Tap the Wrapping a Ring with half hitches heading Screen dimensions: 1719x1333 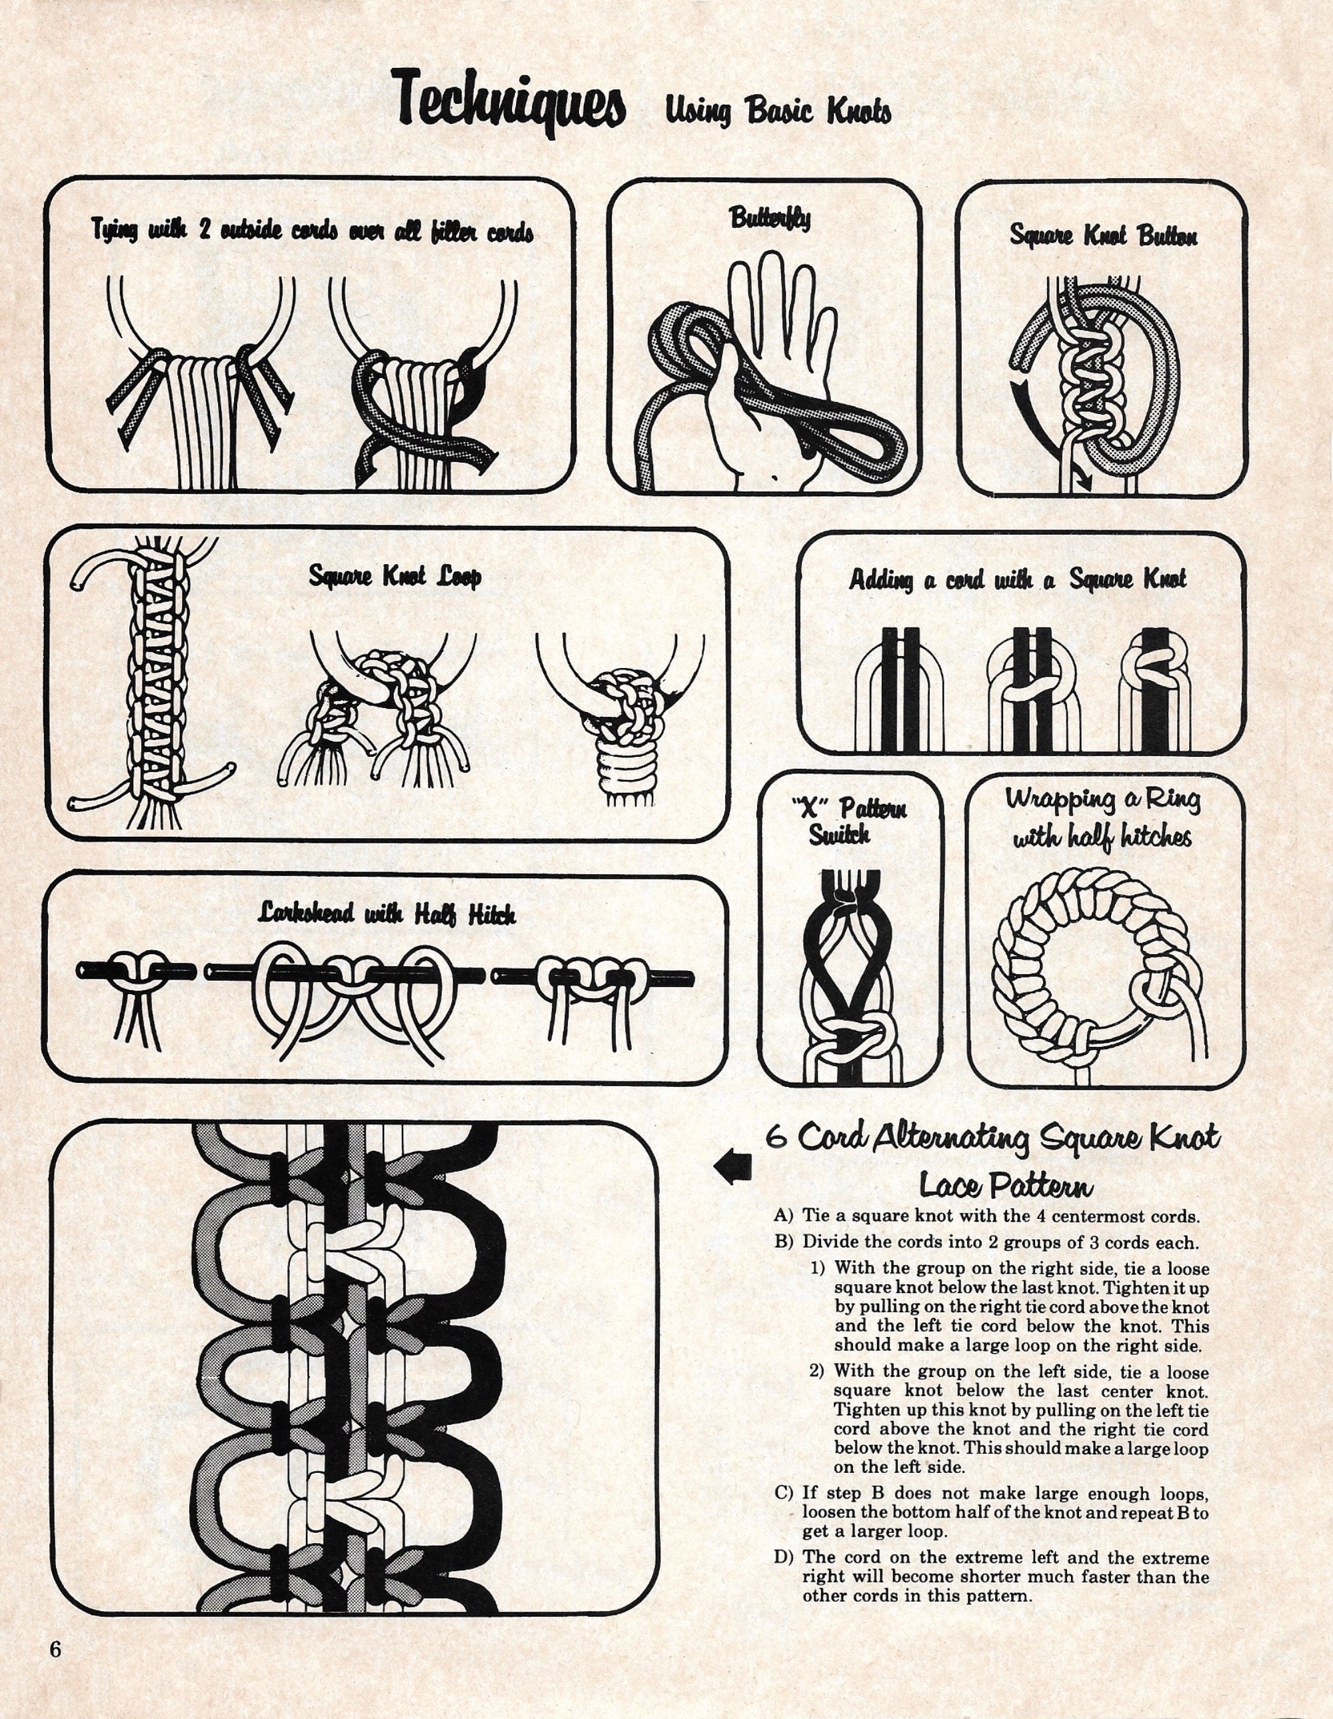pyautogui.click(x=1102, y=819)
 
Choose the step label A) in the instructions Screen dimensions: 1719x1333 pyautogui.click(x=784, y=1216)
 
